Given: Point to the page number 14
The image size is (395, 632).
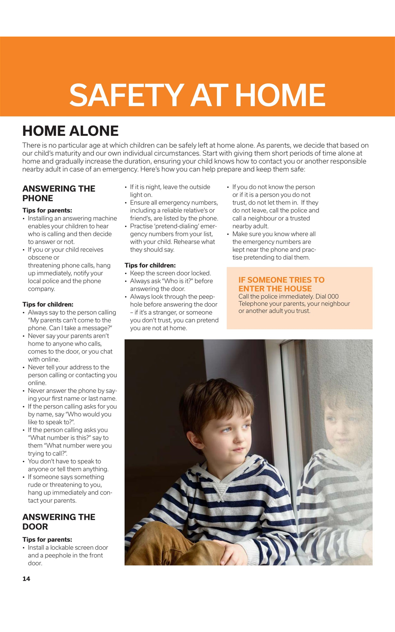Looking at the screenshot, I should click(x=26, y=578).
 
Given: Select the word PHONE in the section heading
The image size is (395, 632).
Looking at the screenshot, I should click(x=38, y=198).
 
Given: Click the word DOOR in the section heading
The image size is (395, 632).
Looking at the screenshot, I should click(x=35, y=526).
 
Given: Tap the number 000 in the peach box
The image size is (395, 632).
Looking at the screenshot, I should click(x=333, y=296).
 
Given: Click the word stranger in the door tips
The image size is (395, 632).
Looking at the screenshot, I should click(x=159, y=312).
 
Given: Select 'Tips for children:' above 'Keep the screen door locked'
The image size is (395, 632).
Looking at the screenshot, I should click(x=150, y=265).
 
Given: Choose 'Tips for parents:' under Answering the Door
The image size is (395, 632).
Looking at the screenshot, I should click(x=47, y=540).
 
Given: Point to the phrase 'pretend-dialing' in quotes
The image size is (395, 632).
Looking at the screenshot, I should click(x=177, y=226).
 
